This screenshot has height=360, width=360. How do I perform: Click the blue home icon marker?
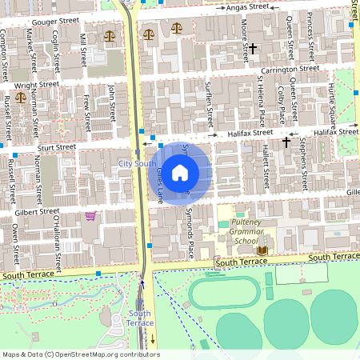tap(180, 172)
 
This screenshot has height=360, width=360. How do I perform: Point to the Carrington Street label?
tap(290, 70)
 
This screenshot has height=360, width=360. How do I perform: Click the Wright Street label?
tap(37, 83)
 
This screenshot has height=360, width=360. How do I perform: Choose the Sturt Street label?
tap(54, 147)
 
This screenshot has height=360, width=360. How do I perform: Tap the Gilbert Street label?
tap(38, 214)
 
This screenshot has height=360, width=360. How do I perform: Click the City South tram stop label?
tap(137, 163)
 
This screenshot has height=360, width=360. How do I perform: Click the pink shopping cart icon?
tap(90, 215)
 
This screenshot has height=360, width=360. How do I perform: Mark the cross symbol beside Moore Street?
tap(253, 49)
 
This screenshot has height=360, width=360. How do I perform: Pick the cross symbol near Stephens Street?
tap(286, 142)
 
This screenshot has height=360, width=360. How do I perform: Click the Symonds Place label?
tap(190, 233)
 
